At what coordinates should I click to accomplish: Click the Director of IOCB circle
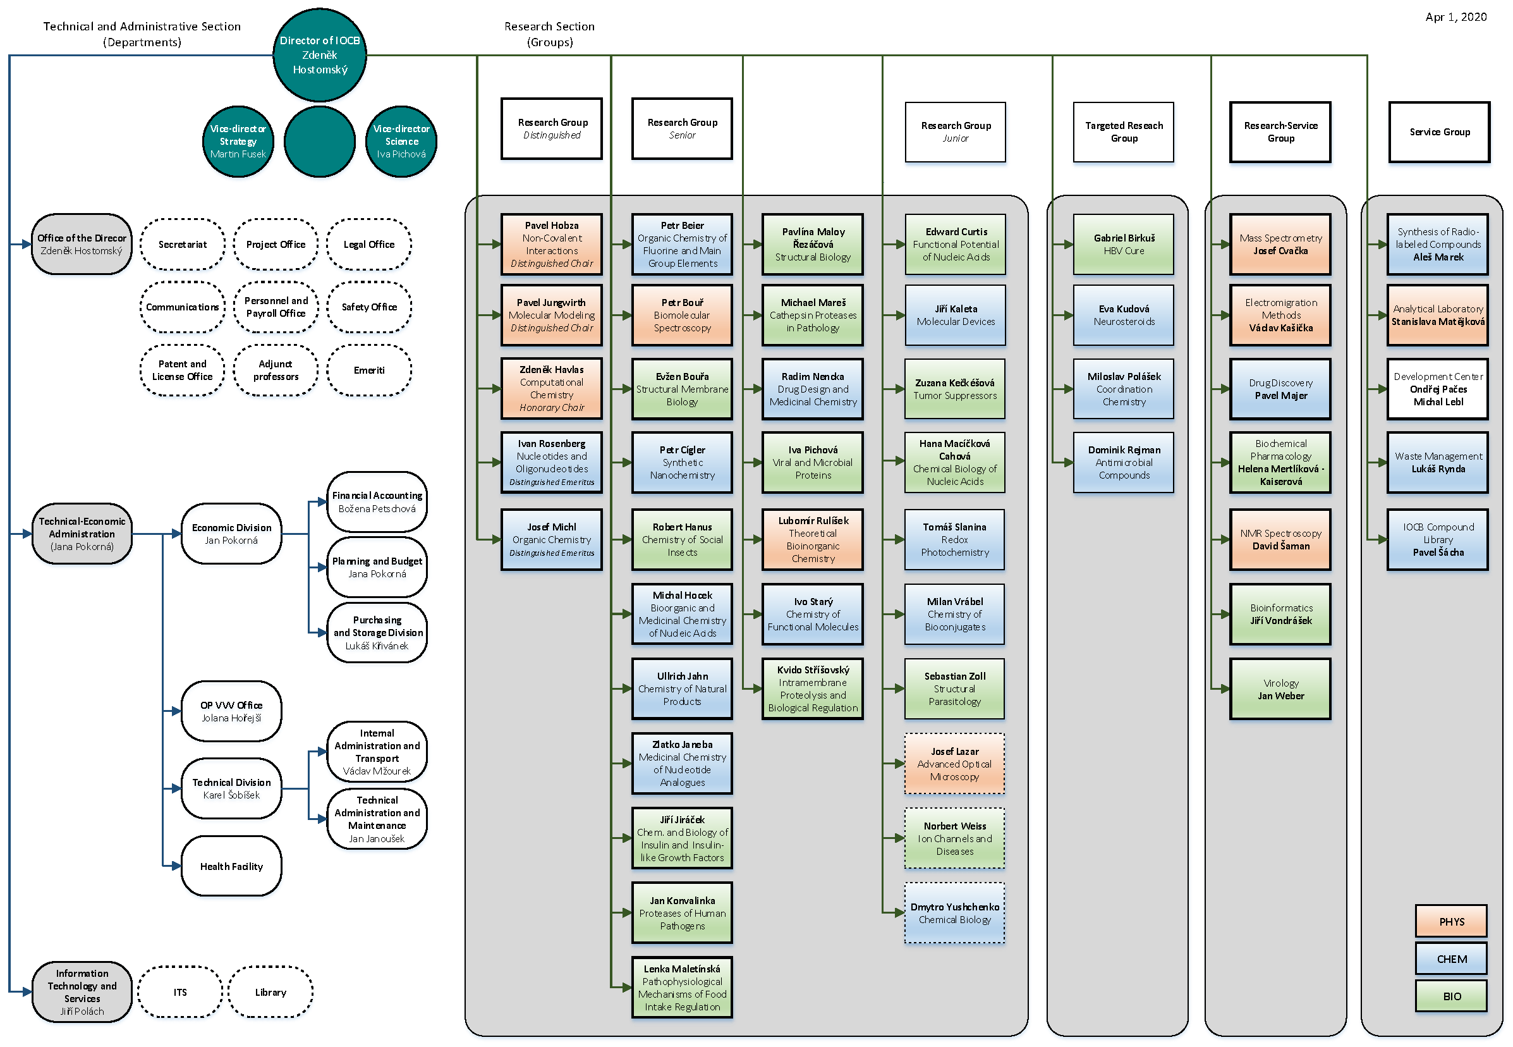(x=319, y=55)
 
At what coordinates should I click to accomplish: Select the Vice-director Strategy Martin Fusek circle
(x=238, y=142)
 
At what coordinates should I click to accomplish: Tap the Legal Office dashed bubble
(x=368, y=245)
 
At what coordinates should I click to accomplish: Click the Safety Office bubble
(x=368, y=307)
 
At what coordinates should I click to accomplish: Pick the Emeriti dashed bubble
(x=368, y=370)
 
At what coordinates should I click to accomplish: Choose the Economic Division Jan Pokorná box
(x=231, y=534)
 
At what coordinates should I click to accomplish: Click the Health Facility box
(x=231, y=867)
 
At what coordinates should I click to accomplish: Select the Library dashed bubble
(x=270, y=993)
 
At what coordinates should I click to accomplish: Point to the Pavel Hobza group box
(x=551, y=244)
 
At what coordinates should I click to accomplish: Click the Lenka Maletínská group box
(x=681, y=988)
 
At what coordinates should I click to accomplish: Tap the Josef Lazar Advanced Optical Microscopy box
(x=954, y=764)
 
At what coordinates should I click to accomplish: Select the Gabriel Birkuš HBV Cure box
(x=1124, y=244)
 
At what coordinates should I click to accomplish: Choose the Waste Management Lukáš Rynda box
(x=1438, y=463)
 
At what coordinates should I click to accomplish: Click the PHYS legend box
(x=1450, y=922)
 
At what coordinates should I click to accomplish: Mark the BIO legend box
(x=1450, y=996)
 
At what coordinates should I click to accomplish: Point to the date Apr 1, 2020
(x=1455, y=17)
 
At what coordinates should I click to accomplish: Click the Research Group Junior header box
(x=955, y=132)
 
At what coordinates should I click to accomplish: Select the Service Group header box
(x=1439, y=132)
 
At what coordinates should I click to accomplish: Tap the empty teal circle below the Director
(x=319, y=142)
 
